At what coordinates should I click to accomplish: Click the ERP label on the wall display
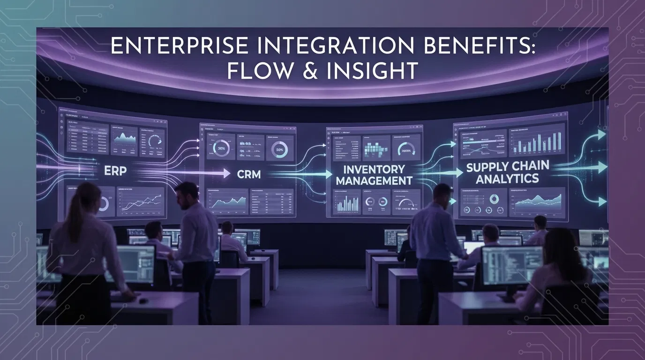pyautogui.click(x=115, y=171)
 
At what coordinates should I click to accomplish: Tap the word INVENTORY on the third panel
pyautogui.click(x=374, y=169)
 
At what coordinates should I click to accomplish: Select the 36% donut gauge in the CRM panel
pyautogui.click(x=221, y=148)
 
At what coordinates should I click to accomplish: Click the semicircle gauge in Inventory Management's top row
pyautogui.click(x=406, y=149)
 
